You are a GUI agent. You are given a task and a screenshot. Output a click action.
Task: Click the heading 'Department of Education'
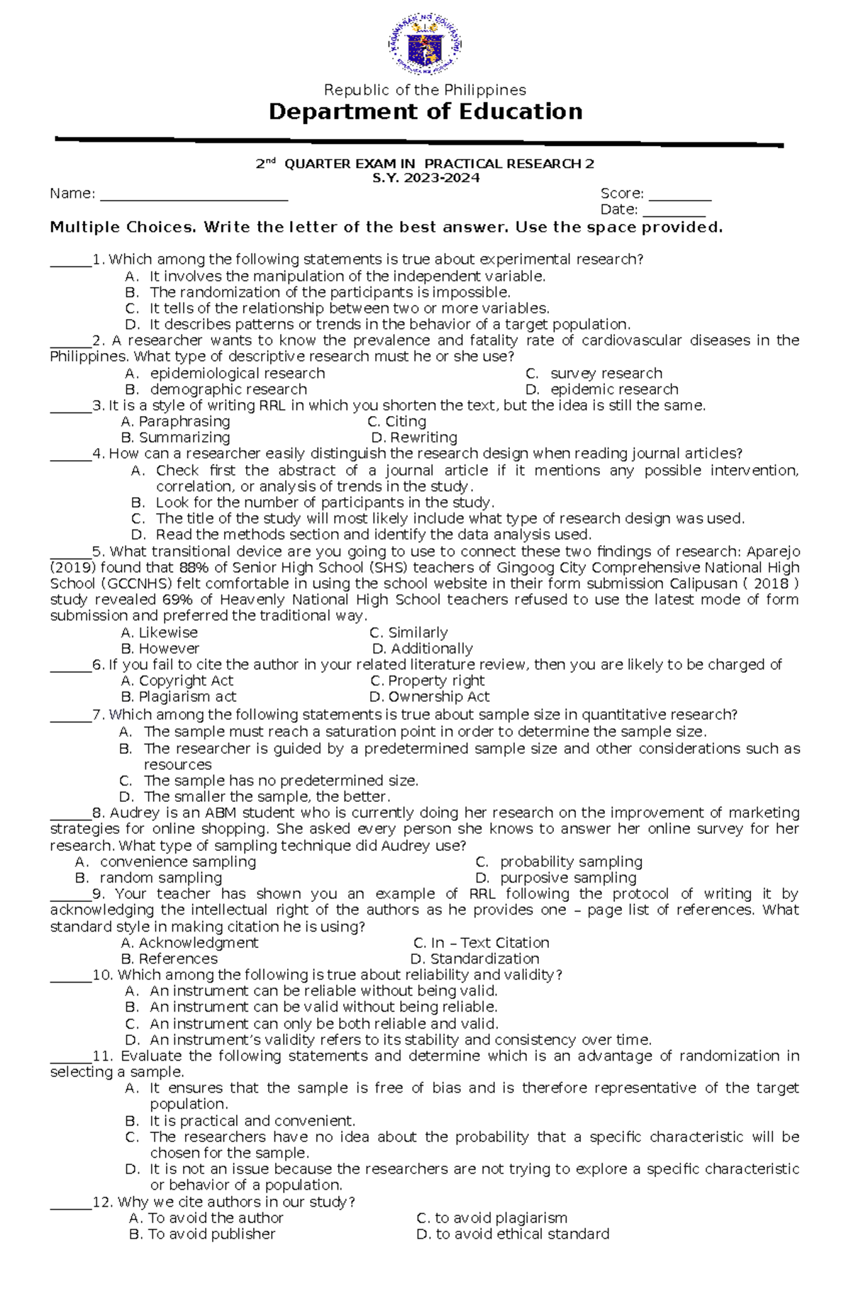pos(425,112)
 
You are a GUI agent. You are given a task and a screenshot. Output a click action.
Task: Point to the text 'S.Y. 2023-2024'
pos(425,178)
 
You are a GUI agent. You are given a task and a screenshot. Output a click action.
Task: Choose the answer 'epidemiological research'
pos(237,374)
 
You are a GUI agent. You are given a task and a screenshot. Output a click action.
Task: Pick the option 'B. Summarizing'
pos(176,437)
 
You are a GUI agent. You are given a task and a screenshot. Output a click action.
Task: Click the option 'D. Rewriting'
pos(414,437)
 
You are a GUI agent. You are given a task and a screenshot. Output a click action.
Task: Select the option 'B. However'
pos(160,649)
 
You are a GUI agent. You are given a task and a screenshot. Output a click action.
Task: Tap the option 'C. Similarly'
pos(408,632)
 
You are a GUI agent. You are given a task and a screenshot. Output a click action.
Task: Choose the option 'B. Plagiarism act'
pos(179,697)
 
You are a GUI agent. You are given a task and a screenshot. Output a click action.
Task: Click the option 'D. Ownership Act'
pos(429,697)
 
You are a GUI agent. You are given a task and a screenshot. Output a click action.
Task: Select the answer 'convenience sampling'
pos(177,862)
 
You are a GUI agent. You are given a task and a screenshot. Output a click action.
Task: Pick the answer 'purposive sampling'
pos(567,878)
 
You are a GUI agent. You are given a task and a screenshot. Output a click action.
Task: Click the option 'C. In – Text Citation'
pos(482,943)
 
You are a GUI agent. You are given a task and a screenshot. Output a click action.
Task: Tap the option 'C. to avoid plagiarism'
pos(492,1218)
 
